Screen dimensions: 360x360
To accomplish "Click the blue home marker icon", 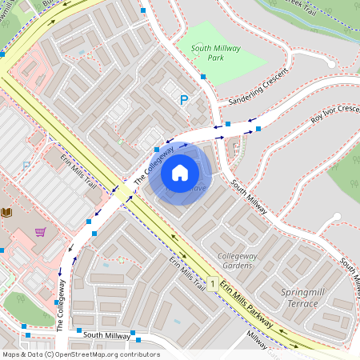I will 180,172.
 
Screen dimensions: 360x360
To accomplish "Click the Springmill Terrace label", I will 305,297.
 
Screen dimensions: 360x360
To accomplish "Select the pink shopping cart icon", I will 40,232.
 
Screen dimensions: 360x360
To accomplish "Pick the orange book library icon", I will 7,212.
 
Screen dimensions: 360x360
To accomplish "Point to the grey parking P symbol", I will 26,165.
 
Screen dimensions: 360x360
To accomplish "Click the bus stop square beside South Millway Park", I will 203,77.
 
